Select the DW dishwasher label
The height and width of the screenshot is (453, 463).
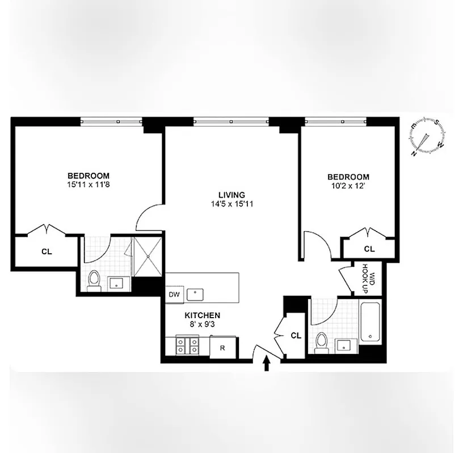[174, 294]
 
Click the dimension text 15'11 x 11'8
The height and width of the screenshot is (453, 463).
[89, 184]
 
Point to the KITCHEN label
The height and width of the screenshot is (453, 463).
[202, 315]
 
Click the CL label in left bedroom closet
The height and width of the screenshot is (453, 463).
[47, 252]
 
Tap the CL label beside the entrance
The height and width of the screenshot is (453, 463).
[296, 335]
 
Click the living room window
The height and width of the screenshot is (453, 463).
[231, 120]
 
